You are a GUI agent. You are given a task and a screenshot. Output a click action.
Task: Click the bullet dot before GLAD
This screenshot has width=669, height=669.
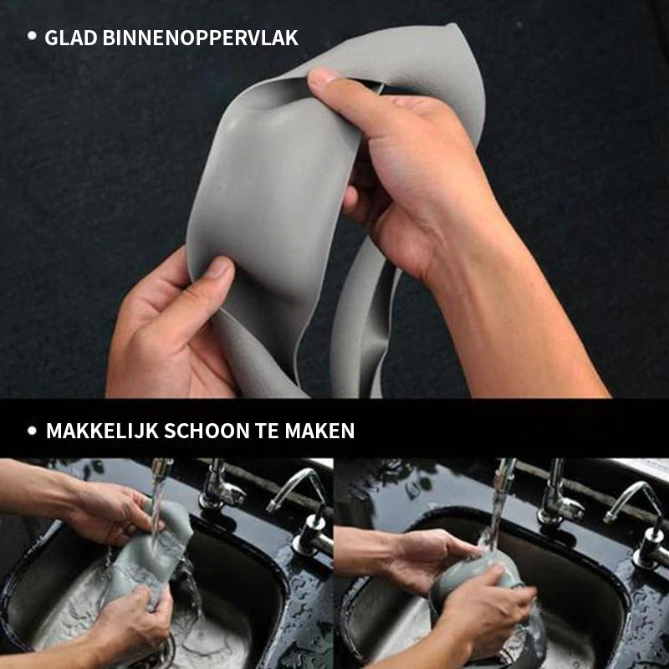coord(33,36)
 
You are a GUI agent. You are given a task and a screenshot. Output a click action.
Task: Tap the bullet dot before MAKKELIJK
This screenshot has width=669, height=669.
coord(33,431)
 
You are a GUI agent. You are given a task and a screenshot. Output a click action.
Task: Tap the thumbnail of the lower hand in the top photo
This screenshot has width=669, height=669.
coord(219,268)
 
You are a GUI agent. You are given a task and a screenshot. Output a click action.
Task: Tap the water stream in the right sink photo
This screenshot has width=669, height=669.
coord(497,510)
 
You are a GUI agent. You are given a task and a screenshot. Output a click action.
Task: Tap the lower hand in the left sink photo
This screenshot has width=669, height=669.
coord(134,623)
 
